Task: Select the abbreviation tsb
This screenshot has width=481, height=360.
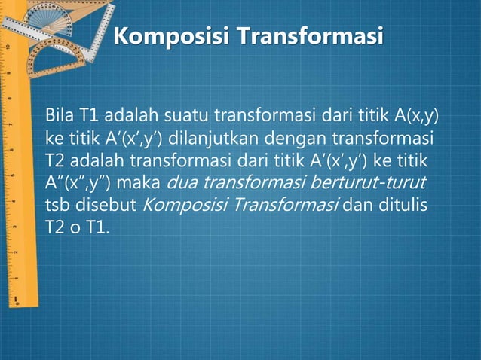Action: click(58, 205)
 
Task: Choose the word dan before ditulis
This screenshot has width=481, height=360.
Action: click(360, 205)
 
